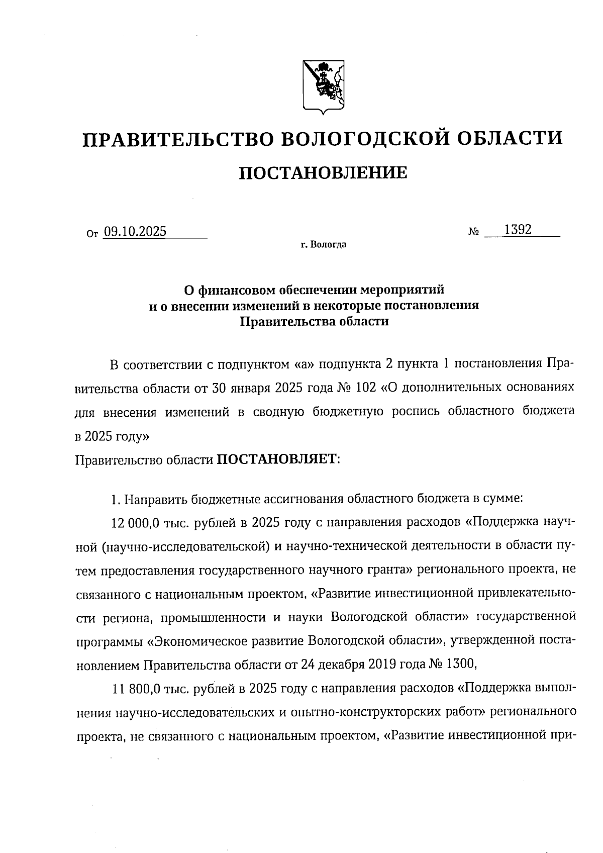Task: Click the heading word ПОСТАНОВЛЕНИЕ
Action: click(322, 173)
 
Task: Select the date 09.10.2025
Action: click(135, 232)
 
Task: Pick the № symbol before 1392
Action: click(473, 232)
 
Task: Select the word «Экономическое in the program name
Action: click(193, 640)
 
